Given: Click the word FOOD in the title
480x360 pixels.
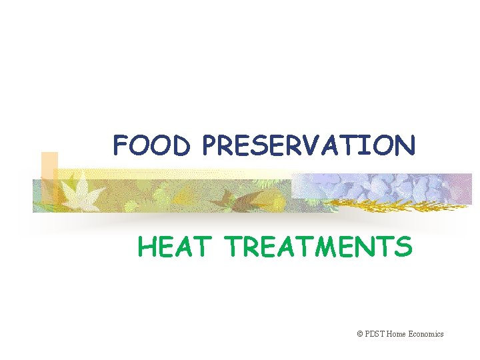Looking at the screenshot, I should (152, 145).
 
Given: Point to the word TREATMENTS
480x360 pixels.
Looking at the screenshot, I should (319, 247).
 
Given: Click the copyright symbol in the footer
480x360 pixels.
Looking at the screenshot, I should (360, 334).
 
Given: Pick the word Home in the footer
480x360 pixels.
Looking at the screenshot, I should (400, 334).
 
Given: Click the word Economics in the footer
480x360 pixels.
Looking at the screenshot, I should (428, 334).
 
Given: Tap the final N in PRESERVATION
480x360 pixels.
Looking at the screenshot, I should (405, 145).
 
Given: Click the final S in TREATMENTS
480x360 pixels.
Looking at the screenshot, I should (403, 247).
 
